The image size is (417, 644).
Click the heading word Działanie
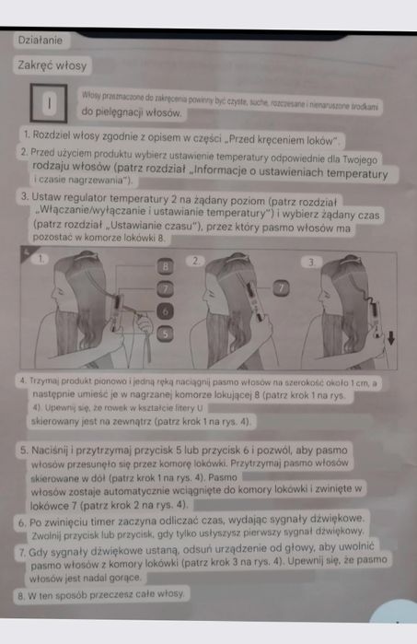[41, 40]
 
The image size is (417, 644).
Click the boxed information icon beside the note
[46, 102]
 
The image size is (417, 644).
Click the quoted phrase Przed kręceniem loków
[292, 140]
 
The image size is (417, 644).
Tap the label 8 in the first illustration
[167, 265]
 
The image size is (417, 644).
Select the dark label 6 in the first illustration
[165, 311]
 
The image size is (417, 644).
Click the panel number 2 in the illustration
[194, 261]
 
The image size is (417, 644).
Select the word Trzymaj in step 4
[46, 380]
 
